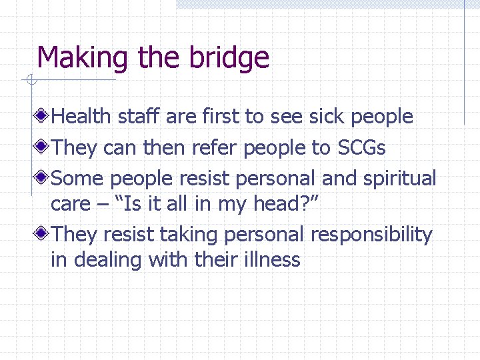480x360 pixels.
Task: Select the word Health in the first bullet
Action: [81, 117]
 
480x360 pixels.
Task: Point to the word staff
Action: [139, 117]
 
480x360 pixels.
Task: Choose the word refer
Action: [215, 147]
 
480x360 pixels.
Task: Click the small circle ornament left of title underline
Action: [30, 81]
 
